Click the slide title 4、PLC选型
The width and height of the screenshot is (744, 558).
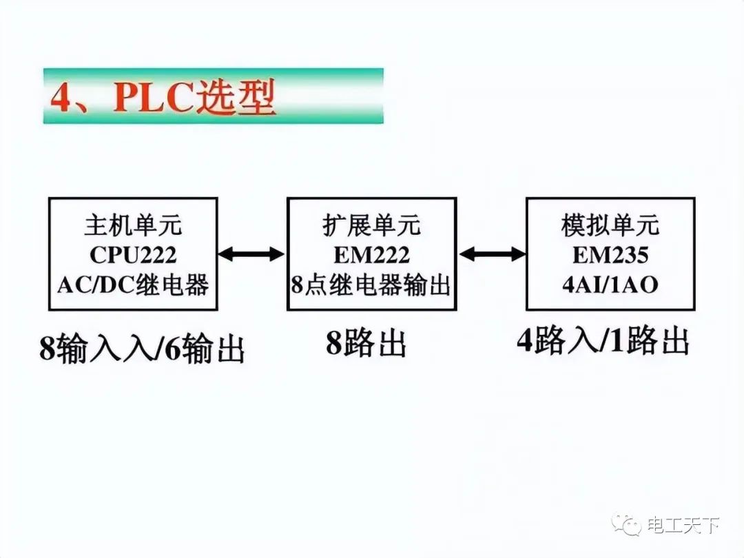(163, 99)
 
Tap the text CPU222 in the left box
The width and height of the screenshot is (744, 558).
(132, 256)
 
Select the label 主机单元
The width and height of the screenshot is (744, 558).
(132, 225)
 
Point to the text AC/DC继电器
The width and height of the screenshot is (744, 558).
(132, 285)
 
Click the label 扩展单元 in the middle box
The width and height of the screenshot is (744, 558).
(371, 225)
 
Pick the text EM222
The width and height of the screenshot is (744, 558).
(371, 256)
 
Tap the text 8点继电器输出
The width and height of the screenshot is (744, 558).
(371, 285)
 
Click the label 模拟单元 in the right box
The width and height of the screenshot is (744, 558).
(610, 225)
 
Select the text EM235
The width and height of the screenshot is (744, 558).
(610, 256)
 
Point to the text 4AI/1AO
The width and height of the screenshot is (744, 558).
(610, 285)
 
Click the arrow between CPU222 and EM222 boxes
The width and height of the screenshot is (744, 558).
(251, 254)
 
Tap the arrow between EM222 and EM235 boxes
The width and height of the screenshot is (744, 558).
(491, 254)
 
